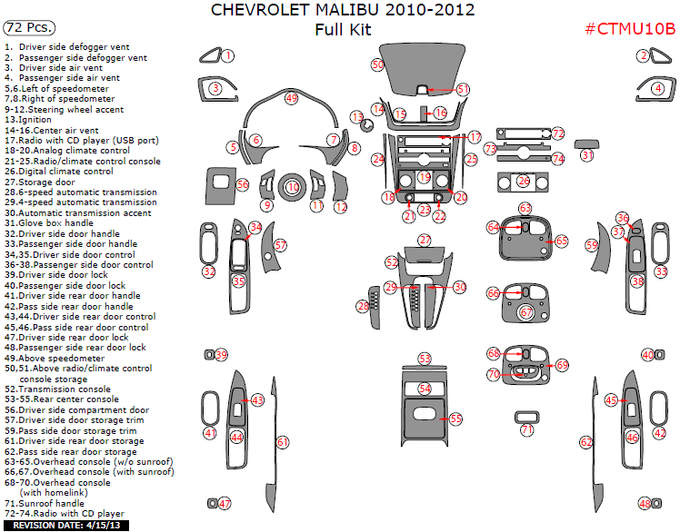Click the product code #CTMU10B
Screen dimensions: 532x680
click(x=629, y=29)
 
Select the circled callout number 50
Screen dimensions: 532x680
click(x=378, y=64)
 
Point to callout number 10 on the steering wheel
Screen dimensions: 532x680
click(x=293, y=186)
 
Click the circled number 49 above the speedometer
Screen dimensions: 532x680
click(x=291, y=97)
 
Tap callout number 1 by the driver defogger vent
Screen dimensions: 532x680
click(x=228, y=55)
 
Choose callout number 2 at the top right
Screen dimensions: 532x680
click(x=643, y=55)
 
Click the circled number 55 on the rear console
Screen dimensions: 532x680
click(x=455, y=419)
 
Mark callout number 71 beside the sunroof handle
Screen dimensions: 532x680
click(x=527, y=429)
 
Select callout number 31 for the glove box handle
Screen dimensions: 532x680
click(x=588, y=155)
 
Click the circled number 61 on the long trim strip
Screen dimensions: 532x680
click(x=283, y=442)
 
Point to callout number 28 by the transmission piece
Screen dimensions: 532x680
click(x=364, y=307)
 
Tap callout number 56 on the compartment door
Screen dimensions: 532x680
click(x=243, y=184)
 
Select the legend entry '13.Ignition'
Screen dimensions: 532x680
click(x=28, y=120)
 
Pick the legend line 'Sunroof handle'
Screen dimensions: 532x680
click(x=55, y=503)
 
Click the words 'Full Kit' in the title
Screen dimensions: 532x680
click(x=343, y=29)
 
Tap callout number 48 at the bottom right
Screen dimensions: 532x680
click(x=645, y=503)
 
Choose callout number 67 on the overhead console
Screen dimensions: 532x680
click(x=526, y=311)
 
